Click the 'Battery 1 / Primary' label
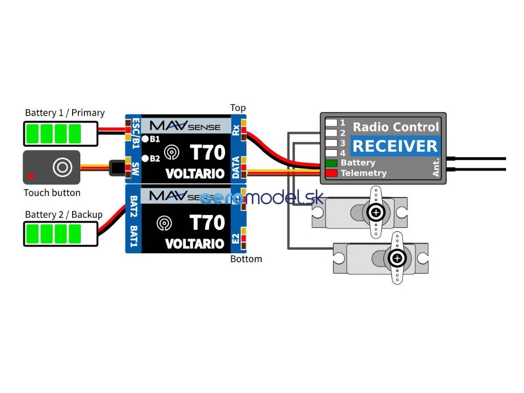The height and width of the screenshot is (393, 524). point(64,113)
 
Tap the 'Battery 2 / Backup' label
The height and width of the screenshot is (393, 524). point(63,215)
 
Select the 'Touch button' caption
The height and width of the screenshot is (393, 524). point(52,193)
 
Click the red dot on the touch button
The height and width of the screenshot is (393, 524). point(31,176)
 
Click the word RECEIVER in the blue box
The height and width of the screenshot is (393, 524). point(395,146)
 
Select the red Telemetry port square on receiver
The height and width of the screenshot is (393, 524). point(331,173)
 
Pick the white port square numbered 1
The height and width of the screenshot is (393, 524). point(331,123)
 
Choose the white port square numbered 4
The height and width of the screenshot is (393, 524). point(331,152)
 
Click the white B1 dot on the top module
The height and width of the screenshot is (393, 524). point(145,139)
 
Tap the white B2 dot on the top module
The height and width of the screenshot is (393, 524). point(145,158)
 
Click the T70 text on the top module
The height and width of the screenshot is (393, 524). point(207,152)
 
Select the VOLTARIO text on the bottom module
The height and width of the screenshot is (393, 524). point(195,244)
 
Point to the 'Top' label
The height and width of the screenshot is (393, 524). point(238,108)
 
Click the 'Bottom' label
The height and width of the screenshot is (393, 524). point(246,259)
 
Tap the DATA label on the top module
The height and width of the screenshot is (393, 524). point(235,168)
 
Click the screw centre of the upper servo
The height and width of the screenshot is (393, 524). point(377,212)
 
